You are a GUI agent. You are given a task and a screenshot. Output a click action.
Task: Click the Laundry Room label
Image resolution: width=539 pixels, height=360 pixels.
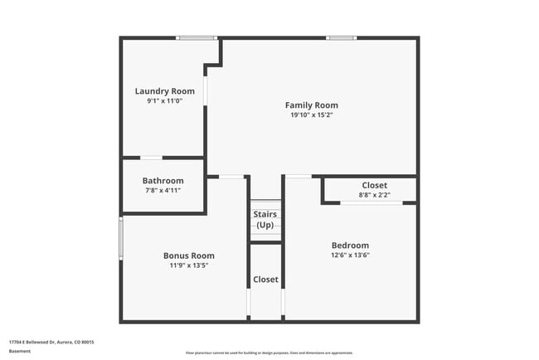(165, 91)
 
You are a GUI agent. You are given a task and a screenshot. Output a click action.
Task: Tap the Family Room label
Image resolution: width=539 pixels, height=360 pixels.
(311, 105)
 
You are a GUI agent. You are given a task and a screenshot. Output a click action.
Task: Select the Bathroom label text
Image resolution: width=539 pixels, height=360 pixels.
(163, 181)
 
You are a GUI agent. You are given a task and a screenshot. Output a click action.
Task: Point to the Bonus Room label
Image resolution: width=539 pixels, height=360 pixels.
(188, 255)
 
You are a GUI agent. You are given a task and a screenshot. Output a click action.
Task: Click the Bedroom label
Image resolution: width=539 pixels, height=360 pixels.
(350, 246)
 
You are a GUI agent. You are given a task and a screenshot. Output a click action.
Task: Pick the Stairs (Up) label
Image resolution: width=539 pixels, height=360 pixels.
(265, 220)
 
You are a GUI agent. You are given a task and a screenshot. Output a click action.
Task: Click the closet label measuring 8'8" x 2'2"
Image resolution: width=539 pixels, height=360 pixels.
(374, 185)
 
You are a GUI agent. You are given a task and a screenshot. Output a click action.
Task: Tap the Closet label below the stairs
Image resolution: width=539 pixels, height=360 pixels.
(265, 280)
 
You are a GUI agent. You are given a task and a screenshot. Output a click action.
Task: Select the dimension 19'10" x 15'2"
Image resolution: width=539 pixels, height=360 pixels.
(311, 115)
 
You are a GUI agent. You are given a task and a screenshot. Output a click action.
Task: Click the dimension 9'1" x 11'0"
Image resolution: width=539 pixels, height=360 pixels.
(164, 100)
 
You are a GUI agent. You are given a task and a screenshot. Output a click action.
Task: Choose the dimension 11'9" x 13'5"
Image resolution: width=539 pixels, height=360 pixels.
(188, 265)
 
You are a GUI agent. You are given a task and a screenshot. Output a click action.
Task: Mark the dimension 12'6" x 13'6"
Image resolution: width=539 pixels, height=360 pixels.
(350, 255)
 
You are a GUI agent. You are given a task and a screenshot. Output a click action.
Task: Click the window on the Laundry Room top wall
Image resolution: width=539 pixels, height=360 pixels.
(197, 37)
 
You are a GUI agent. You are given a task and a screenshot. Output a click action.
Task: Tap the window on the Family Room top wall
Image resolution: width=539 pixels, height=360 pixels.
(341, 37)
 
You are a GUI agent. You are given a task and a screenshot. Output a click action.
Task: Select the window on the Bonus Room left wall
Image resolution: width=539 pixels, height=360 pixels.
(121, 238)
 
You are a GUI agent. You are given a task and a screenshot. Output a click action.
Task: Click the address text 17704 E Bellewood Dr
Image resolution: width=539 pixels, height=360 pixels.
(51, 342)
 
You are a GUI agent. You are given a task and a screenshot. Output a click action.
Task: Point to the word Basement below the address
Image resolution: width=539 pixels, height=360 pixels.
(20, 351)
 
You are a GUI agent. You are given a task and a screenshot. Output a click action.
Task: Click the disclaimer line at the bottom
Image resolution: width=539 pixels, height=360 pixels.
(269, 353)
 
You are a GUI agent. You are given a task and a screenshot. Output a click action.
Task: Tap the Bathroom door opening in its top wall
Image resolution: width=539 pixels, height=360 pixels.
(151, 158)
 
